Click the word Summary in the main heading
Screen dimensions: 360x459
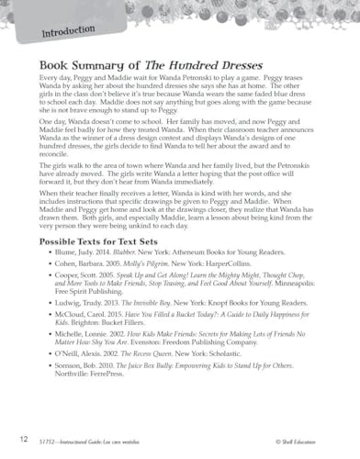[x=101, y=69]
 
